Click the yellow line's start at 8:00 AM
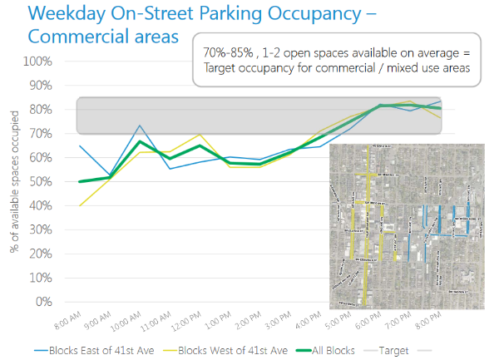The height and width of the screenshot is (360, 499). (79, 205)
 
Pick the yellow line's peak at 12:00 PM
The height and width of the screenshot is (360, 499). (200, 135)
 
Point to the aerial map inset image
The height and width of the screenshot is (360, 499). (407, 224)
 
